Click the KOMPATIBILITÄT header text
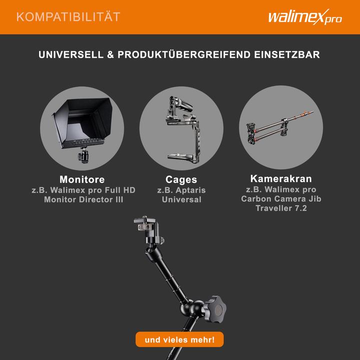[68, 17]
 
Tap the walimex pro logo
[304, 17]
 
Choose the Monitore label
[82, 179]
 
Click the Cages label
[181, 179]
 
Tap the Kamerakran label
[281, 178]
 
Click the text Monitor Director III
[83, 199]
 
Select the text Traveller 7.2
[281, 208]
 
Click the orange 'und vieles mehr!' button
[179, 340]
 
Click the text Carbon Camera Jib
[281, 199]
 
